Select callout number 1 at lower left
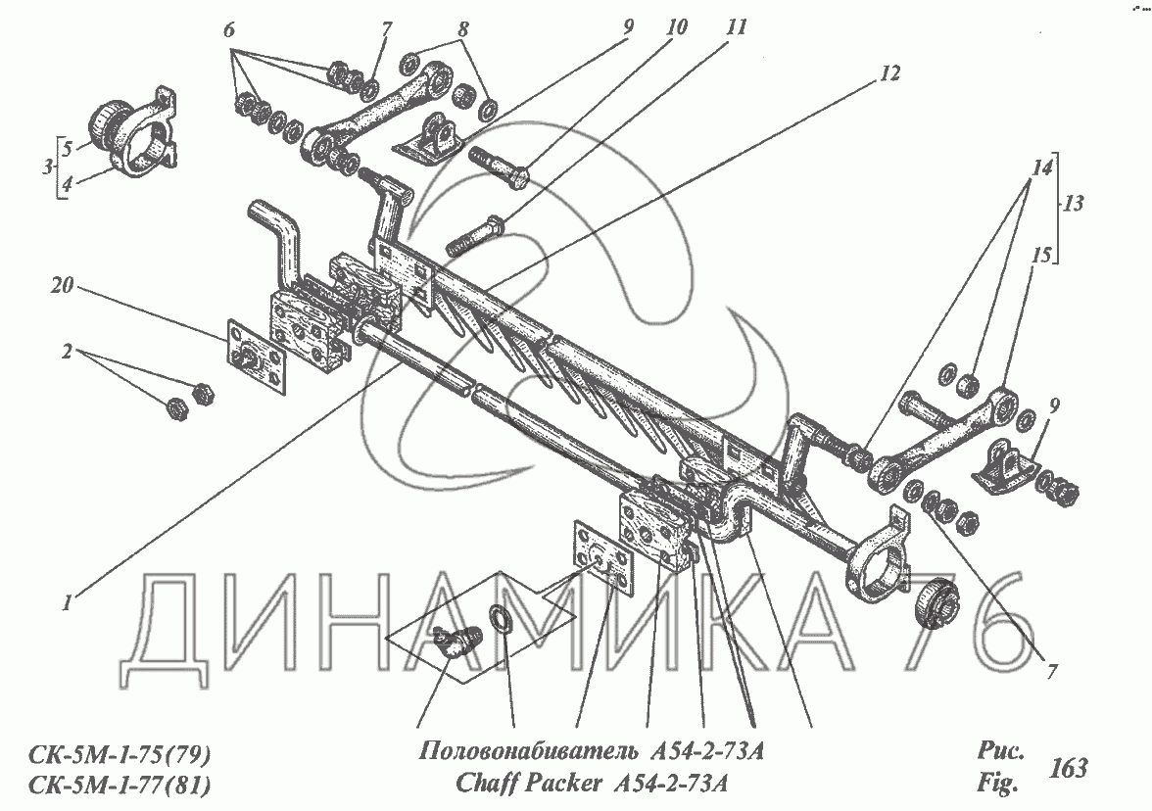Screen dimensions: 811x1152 click(x=67, y=603)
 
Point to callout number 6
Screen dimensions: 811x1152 click(x=229, y=30)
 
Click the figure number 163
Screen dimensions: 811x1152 click(x=1068, y=768)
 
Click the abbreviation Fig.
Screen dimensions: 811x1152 click(x=998, y=784)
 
